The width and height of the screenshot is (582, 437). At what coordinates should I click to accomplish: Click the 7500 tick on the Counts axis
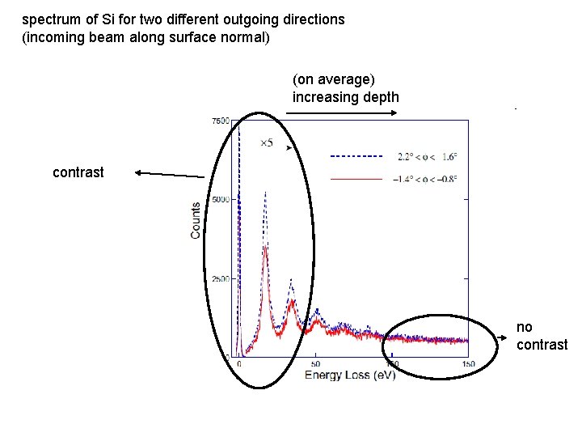point(220,121)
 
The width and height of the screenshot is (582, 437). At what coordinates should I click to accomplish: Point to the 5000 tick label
point(220,199)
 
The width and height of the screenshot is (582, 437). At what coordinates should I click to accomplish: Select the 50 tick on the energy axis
point(315,364)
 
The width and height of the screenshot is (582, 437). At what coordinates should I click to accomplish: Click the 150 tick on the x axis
point(467,364)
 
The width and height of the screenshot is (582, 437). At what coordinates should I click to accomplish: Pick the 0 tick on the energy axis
point(239,364)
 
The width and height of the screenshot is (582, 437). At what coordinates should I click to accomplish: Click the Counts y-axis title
point(196,220)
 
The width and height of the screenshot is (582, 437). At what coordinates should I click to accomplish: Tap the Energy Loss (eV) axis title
point(350,375)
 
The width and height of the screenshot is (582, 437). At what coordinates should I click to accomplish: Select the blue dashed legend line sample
point(356,155)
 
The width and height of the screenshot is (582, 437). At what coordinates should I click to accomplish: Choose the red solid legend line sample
point(356,178)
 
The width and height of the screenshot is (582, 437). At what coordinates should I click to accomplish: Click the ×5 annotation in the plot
point(266,143)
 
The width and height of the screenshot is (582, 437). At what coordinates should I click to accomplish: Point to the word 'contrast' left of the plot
point(78,172)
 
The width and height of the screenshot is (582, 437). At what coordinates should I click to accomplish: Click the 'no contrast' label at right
point(542,336)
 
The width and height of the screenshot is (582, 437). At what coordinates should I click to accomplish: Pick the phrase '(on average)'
point(334,79)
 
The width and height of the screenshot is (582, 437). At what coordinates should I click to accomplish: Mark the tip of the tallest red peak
point(265,247)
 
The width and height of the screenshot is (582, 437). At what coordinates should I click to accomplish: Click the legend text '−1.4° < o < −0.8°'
point(425,179)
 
